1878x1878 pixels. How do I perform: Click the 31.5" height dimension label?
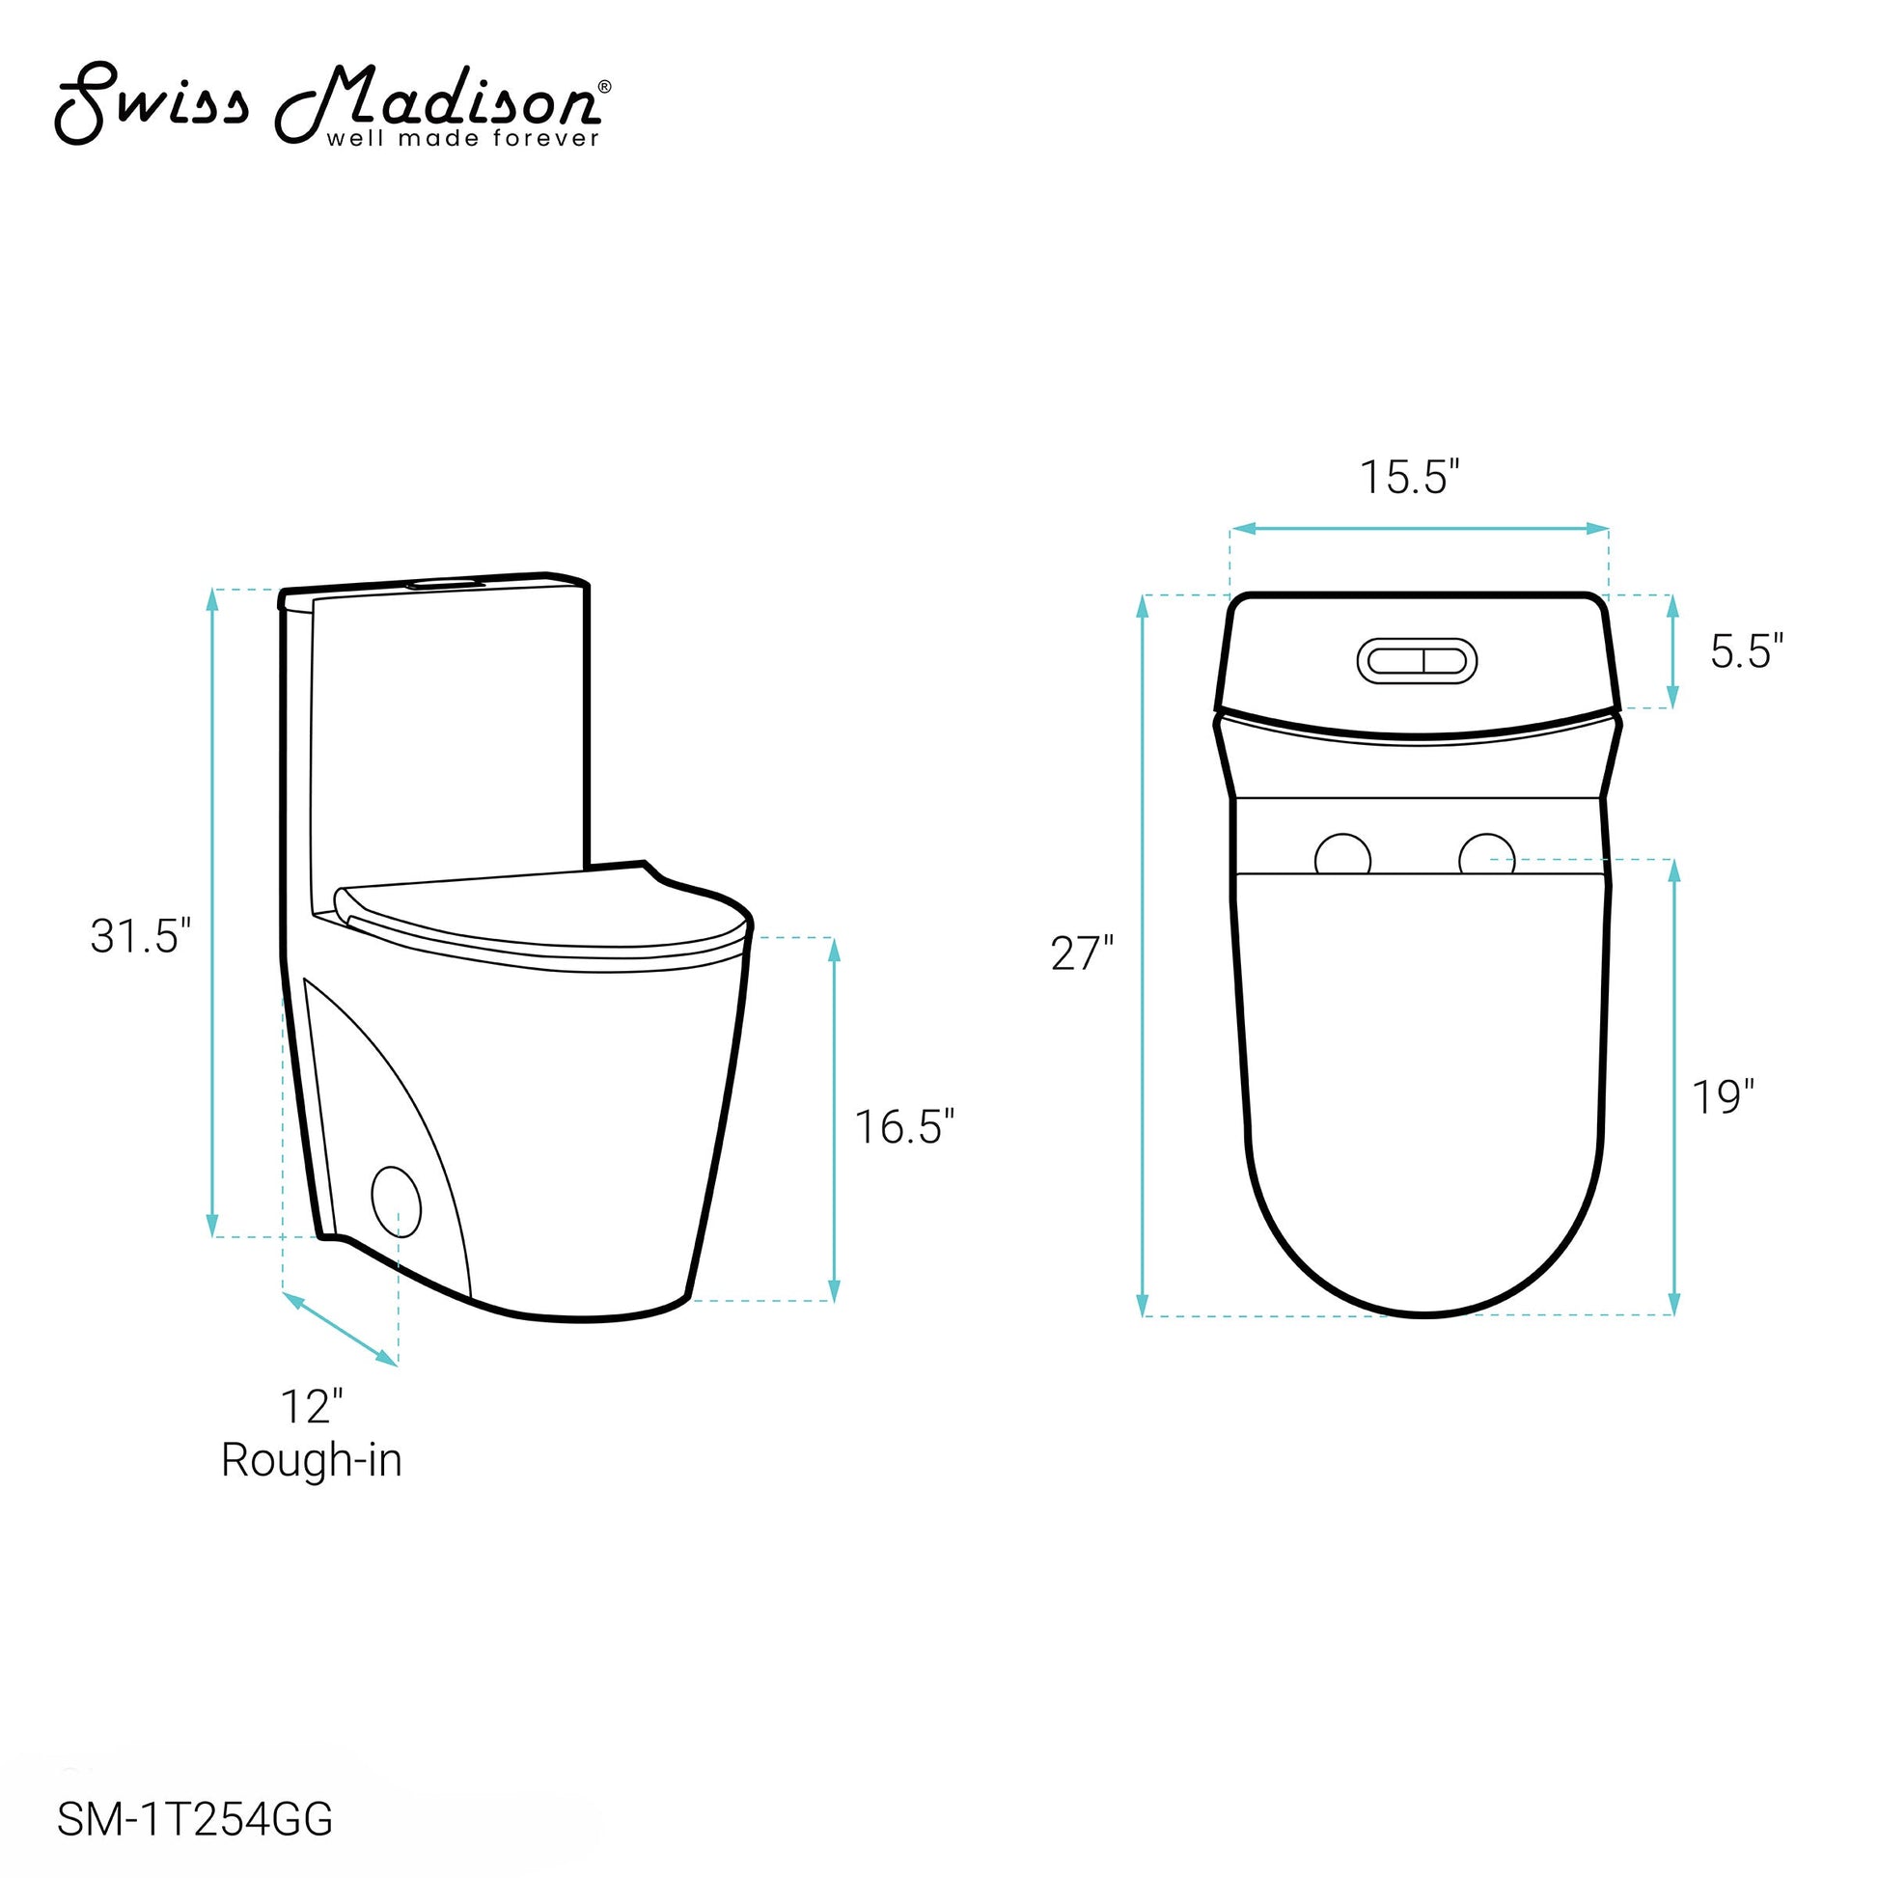(141, 937)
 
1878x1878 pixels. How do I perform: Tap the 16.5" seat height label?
(904, 1127)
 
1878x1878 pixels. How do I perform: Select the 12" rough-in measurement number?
(312, 1406)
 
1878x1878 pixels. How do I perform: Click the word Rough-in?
(311, 1461)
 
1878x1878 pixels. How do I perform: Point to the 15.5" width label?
(1410, 478)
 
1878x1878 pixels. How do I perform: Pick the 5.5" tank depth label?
(1747, 651)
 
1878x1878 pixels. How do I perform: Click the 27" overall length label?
(1082, 953)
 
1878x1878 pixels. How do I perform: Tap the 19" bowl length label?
(1723, 1097)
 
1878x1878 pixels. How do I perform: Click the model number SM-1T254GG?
(194, 1820)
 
